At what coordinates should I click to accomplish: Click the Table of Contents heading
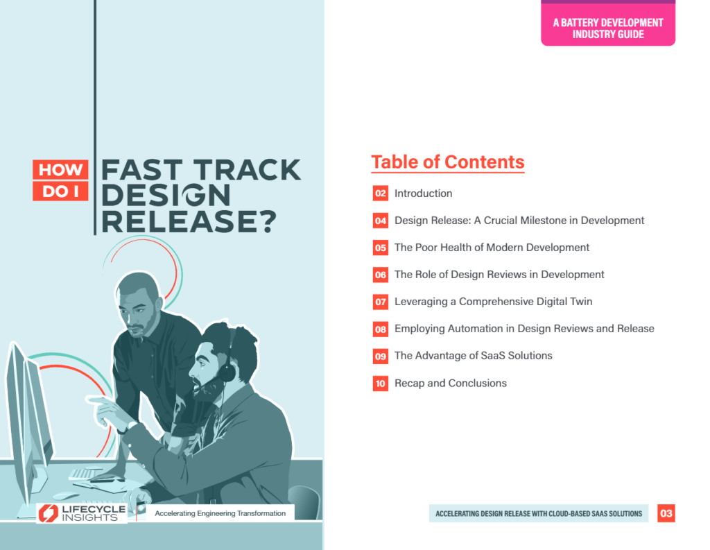(447, 162)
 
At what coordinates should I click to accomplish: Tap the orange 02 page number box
(381, 194)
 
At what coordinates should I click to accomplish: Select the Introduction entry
(423, 194)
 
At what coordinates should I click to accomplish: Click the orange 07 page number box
(381, 302)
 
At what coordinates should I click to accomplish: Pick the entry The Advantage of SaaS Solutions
(473, 356)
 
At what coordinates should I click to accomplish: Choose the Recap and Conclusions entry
(451, 384)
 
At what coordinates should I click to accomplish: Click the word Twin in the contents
(581, 302)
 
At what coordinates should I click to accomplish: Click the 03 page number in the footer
(666, 513)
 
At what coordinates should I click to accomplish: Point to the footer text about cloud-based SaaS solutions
(538, 514)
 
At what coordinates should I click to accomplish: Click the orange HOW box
(60, 169)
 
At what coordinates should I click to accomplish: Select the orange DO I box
(60, 191)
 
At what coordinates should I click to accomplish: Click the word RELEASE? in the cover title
(189, 221)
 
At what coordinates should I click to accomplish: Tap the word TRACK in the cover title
(248, 170)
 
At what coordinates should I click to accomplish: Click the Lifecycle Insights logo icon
(48, 513)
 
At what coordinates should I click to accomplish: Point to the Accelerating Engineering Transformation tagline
(220, 513)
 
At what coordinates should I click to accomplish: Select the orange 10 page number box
(381, 384)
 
